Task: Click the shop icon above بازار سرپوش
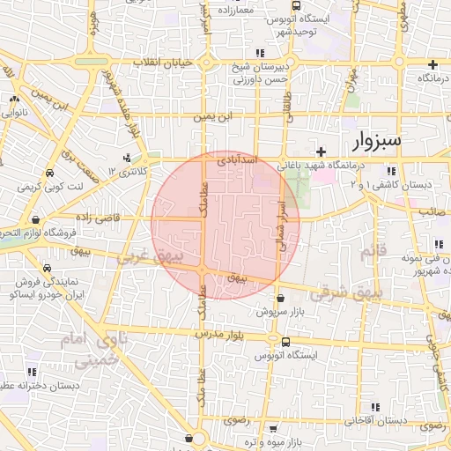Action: [280, 299]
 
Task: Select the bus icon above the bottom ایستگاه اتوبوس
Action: [285, 342]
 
